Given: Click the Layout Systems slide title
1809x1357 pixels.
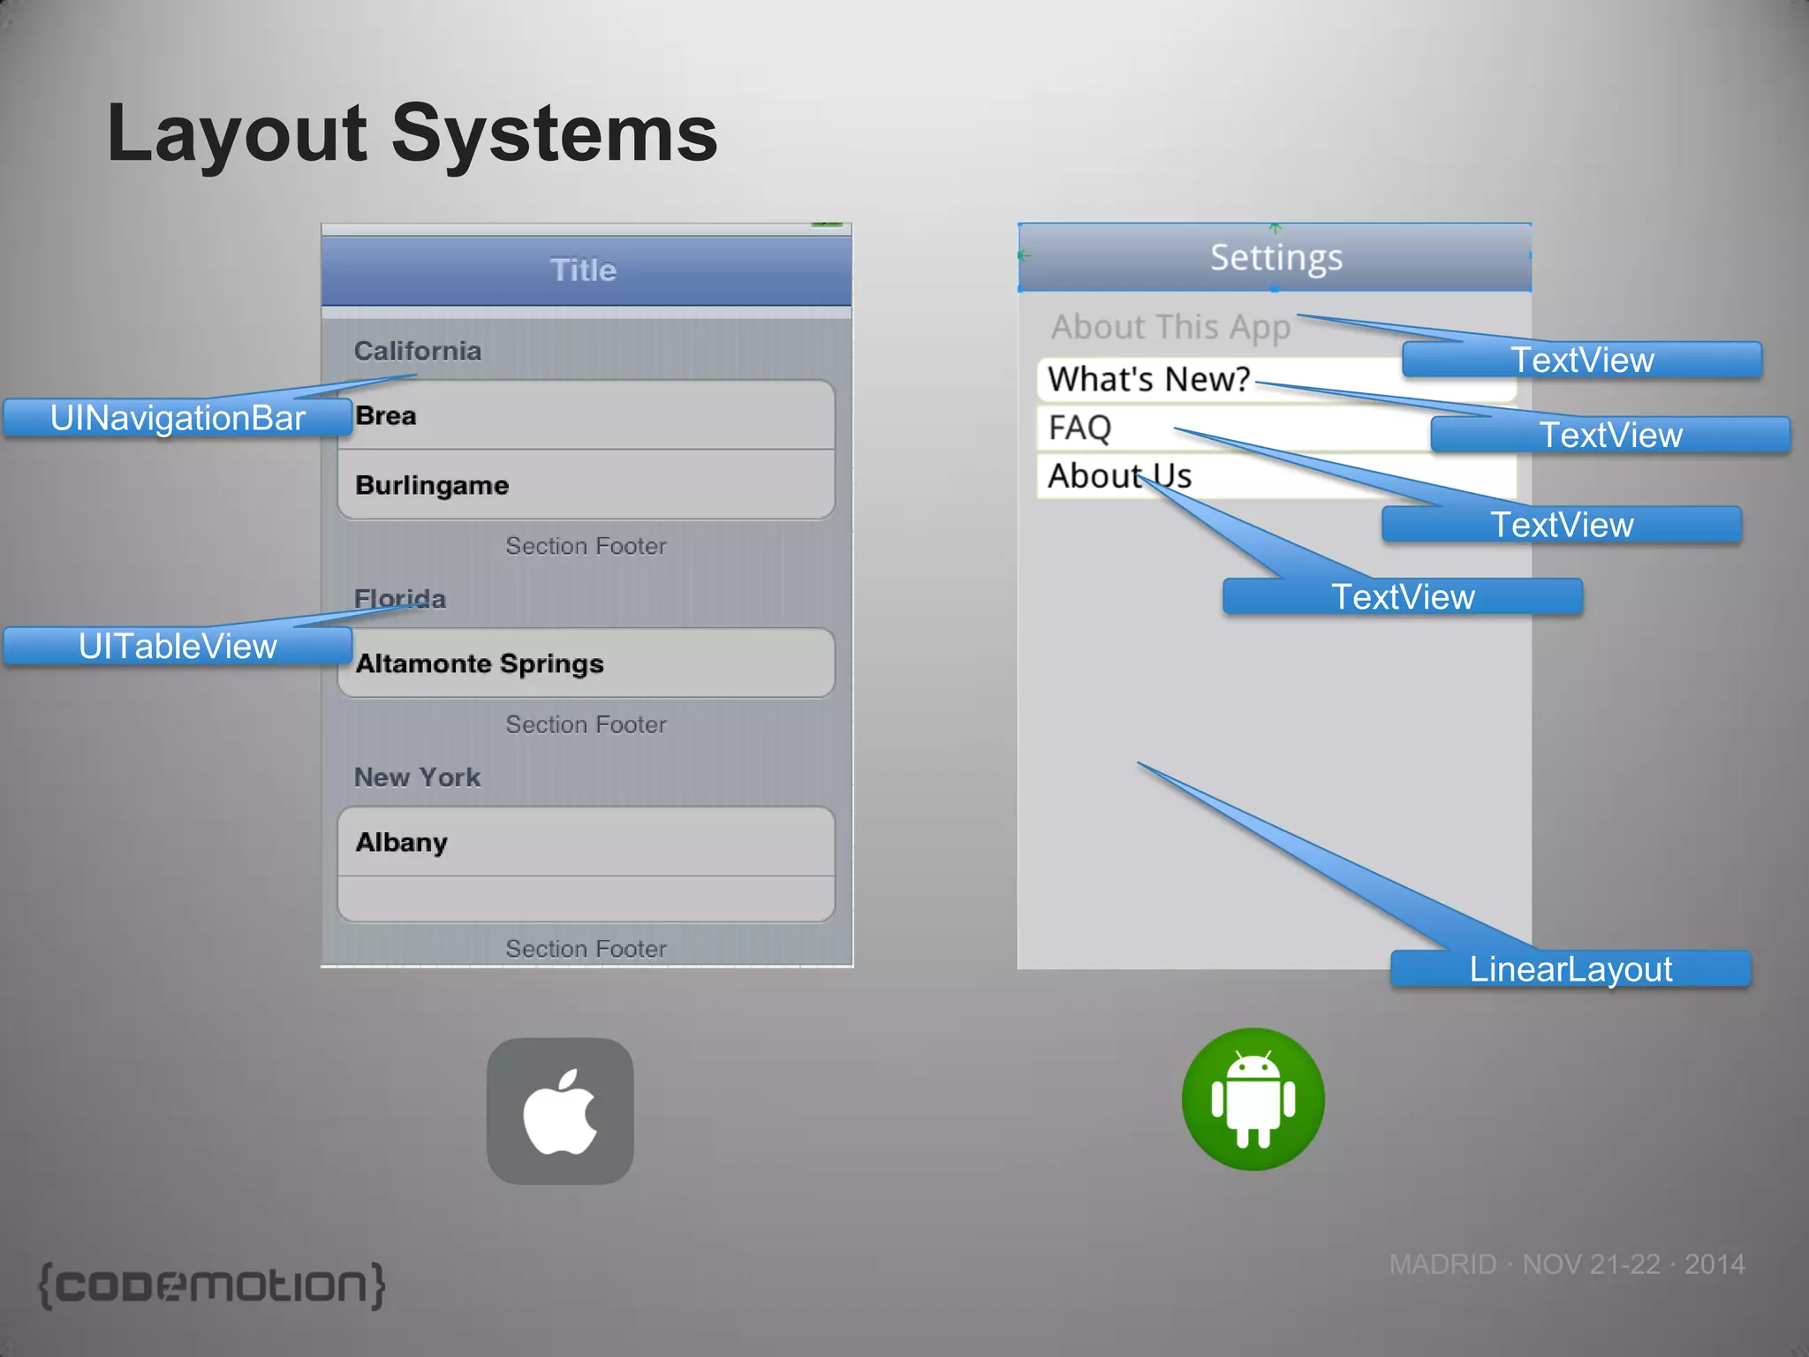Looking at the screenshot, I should click(412, 133).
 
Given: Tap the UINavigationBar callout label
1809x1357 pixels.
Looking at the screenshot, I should click(178, 418).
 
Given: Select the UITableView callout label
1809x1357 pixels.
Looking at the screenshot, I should click(178, 646).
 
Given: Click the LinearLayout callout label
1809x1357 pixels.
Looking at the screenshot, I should click(1570, 969).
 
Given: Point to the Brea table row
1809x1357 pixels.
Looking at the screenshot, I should click(585, 415).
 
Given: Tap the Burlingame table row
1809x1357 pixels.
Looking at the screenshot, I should click(585, 485).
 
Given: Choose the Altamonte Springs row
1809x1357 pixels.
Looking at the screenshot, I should click(585, 663).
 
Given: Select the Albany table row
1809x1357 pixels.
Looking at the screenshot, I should click(585, 842).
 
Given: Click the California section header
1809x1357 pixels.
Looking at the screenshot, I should click(418, 351).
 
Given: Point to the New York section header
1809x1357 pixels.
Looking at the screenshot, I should click(418, 777).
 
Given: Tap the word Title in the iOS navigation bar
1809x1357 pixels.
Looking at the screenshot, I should click(584, 270).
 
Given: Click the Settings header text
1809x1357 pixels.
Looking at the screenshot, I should click(1275, 258).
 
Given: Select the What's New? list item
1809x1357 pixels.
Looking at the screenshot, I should click(1148, 380).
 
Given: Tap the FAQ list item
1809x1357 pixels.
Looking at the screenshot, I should click(1079, 428).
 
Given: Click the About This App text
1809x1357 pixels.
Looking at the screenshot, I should click(1170, 328).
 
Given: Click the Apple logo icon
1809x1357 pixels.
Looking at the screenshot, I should click(560, 1111).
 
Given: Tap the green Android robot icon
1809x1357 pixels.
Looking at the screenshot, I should click(1253, 1099).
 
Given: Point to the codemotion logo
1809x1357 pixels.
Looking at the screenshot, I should click(212, 1285).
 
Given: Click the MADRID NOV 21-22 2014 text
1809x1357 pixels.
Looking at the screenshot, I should click(1566, 1264).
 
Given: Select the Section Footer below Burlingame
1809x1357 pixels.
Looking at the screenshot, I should click(586, 546).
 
